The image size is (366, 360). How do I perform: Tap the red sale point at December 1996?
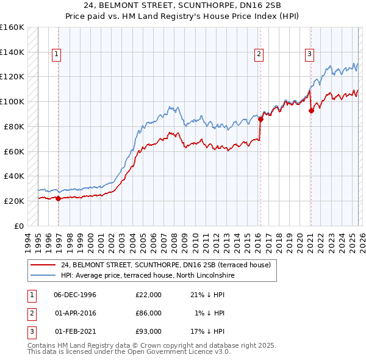click(x=59, y=198)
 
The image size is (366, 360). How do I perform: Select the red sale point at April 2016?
click(x=260, y=119)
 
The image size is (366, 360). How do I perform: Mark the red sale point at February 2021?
click(x=311, y=110)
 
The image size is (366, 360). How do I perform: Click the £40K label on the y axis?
click(x=14, y=176)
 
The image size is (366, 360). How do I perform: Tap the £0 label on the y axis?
click(x=20, y=226)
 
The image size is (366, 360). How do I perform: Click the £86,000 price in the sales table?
click(x=148, y=313)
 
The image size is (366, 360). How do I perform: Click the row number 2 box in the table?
click(x=30, y=313)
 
